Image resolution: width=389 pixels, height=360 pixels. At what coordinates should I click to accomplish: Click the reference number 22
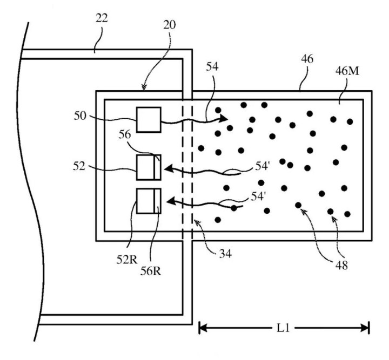pos(102,18)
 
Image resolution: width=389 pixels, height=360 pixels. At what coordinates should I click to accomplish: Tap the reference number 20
pos(170,25)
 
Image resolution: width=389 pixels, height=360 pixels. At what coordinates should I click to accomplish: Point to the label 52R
pos(127,260)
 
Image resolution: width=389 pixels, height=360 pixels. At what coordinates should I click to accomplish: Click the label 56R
pos(151,271)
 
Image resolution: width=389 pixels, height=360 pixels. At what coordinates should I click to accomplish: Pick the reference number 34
pos(225,254)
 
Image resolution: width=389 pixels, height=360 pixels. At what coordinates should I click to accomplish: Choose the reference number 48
pos(341,266)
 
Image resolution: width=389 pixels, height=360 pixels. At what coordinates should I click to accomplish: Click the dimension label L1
pos(283,329)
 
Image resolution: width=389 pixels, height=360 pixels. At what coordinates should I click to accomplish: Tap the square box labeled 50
pos(149,120)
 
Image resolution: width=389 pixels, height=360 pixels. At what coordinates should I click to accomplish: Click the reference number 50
pos(80,116)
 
